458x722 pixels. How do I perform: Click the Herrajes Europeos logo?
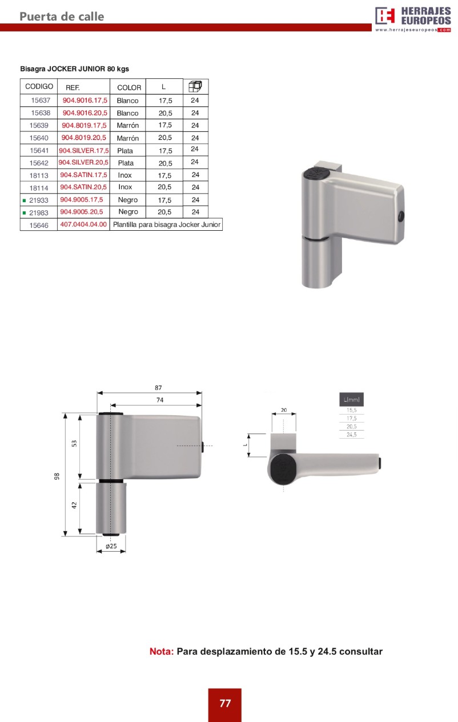pyautogui.click(x=413, y=19)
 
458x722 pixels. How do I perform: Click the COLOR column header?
pyautogui.click(x=129, y=87)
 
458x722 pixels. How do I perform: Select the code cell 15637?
pyautogui.click(x=41, y=100)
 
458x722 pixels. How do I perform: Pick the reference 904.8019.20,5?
pyautogui.click(x=84, y=138)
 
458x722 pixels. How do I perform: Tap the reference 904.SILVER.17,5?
pyautogui.click(x=84, y=151)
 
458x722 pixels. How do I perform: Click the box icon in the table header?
pyautogui.click(x=195, y=86)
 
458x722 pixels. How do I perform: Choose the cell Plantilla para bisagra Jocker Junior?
pyautogui.click(x=166, y=224)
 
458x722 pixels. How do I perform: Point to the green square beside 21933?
pyautogui.click(x=24, y=200)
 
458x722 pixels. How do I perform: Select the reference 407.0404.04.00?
pyautogui.click(x=83, y=224)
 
